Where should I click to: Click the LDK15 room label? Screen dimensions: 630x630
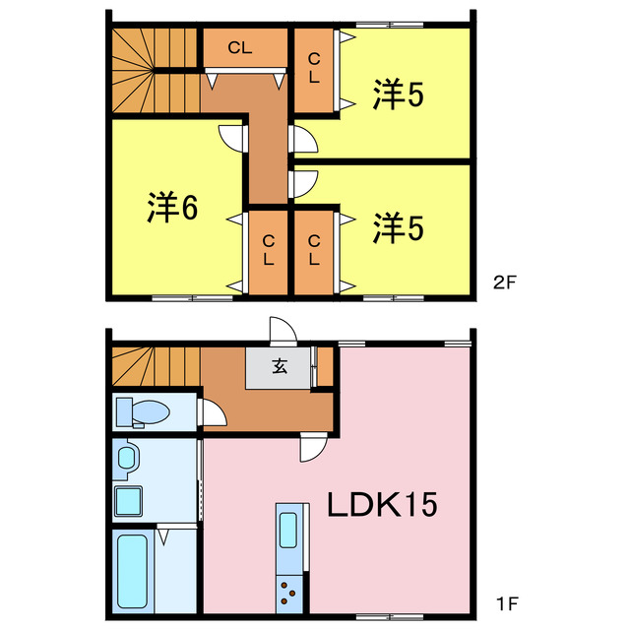point(382,507)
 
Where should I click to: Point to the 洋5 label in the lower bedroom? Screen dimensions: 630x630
point(398,227)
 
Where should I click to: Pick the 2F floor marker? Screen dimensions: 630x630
point(504,282)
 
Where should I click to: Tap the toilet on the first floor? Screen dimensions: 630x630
point(144,410)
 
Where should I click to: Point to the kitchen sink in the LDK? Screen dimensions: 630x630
point(289,530)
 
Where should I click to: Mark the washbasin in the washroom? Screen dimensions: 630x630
point(127,456)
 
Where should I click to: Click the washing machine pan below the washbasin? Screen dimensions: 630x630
point(129,501)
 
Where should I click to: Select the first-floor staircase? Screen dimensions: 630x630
point(153,365)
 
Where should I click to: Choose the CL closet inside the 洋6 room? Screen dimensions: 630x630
point(267,251)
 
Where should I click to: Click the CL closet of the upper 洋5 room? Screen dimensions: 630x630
point(314,69)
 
